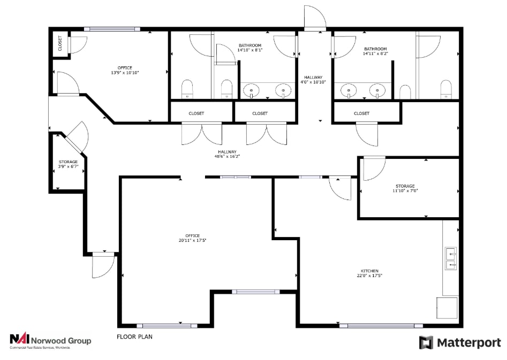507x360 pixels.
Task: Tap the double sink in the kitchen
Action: click(451, 257)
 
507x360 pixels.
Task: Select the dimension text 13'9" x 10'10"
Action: click(125, 73)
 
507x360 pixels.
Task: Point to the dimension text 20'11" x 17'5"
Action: click(193, 241)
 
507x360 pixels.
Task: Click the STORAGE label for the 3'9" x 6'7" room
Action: click(68, 162)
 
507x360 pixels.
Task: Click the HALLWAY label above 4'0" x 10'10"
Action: click(313, 77)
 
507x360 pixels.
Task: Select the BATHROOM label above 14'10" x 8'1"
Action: click(250, 45)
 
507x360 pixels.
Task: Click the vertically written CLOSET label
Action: click(60, 43)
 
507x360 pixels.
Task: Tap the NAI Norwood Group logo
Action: click(50, 341)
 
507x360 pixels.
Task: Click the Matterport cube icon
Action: click(426, 342)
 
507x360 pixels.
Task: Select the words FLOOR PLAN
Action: click(135, 337)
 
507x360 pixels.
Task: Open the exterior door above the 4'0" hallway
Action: click(314, 19)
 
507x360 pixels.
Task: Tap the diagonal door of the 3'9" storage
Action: click(76, 137)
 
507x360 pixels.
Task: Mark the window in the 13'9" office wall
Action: click(112, 29)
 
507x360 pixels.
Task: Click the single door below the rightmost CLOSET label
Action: click(367, 134)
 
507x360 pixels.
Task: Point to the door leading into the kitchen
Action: click(340, 188)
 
